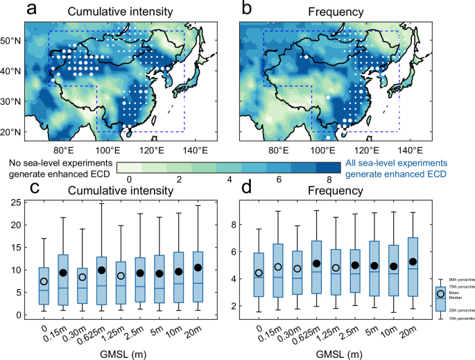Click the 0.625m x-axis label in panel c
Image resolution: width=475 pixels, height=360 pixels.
(100, 329)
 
